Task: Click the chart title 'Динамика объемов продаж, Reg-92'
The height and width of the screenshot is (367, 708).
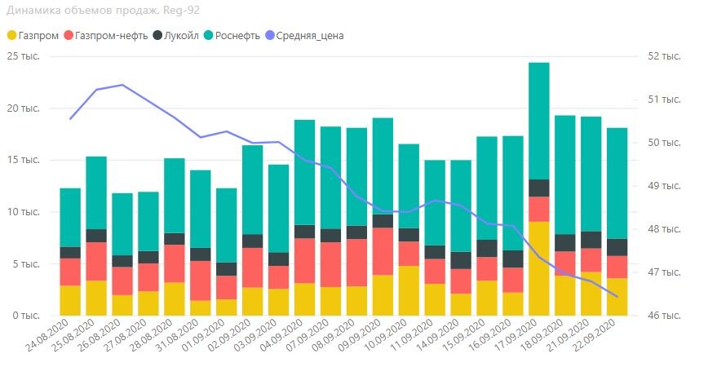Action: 103,11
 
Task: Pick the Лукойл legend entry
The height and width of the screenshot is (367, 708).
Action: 177,35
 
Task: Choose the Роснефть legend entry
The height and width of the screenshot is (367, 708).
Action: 236,35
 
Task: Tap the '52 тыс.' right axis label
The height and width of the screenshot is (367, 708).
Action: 664,56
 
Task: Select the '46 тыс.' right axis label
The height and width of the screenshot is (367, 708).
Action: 664,316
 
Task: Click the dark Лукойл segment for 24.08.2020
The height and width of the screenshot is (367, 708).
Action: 70,252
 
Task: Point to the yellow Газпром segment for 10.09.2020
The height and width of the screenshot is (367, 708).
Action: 409,290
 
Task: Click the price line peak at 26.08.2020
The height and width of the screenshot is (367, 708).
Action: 122,85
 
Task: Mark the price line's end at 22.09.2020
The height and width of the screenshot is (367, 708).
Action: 617,297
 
